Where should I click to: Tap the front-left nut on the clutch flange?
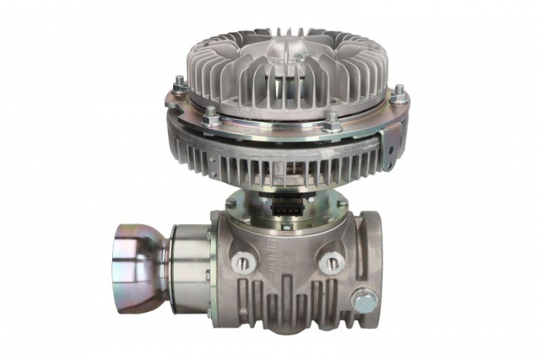point(209,117)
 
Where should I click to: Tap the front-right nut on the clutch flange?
point(332,121)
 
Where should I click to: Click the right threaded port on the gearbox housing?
point(332,262)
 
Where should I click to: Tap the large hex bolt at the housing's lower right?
point(362,299)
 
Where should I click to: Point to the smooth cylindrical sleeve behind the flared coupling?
point(189,259)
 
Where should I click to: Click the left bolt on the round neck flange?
point(231,204)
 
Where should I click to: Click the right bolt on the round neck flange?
point(340,204)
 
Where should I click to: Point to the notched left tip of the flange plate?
point(169,100)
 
